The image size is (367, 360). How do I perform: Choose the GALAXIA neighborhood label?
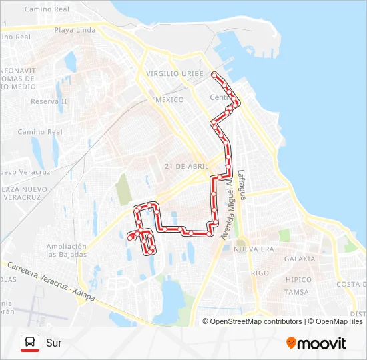[299, 259]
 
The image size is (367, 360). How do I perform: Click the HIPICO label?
[298, 280]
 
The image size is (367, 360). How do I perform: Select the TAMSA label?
[296, 292]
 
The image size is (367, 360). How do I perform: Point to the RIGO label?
[260, 273]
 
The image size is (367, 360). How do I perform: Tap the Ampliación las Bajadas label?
[67, 250]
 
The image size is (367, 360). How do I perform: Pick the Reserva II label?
[49, 101]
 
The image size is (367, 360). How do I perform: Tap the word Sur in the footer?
[53, 343]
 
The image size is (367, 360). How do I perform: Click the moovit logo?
[316, 343]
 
